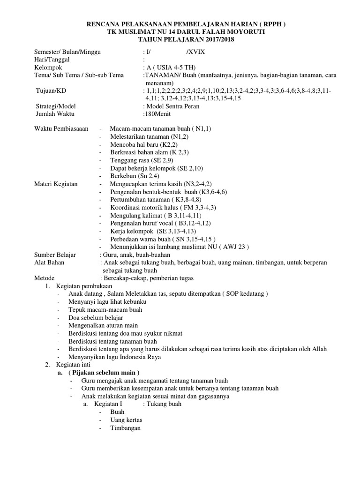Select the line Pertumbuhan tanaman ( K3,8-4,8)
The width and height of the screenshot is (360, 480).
click(x=157, y=199)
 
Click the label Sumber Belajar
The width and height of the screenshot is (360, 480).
click(x=55, y=255)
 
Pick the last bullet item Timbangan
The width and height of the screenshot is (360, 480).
click(x=125, y=428)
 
